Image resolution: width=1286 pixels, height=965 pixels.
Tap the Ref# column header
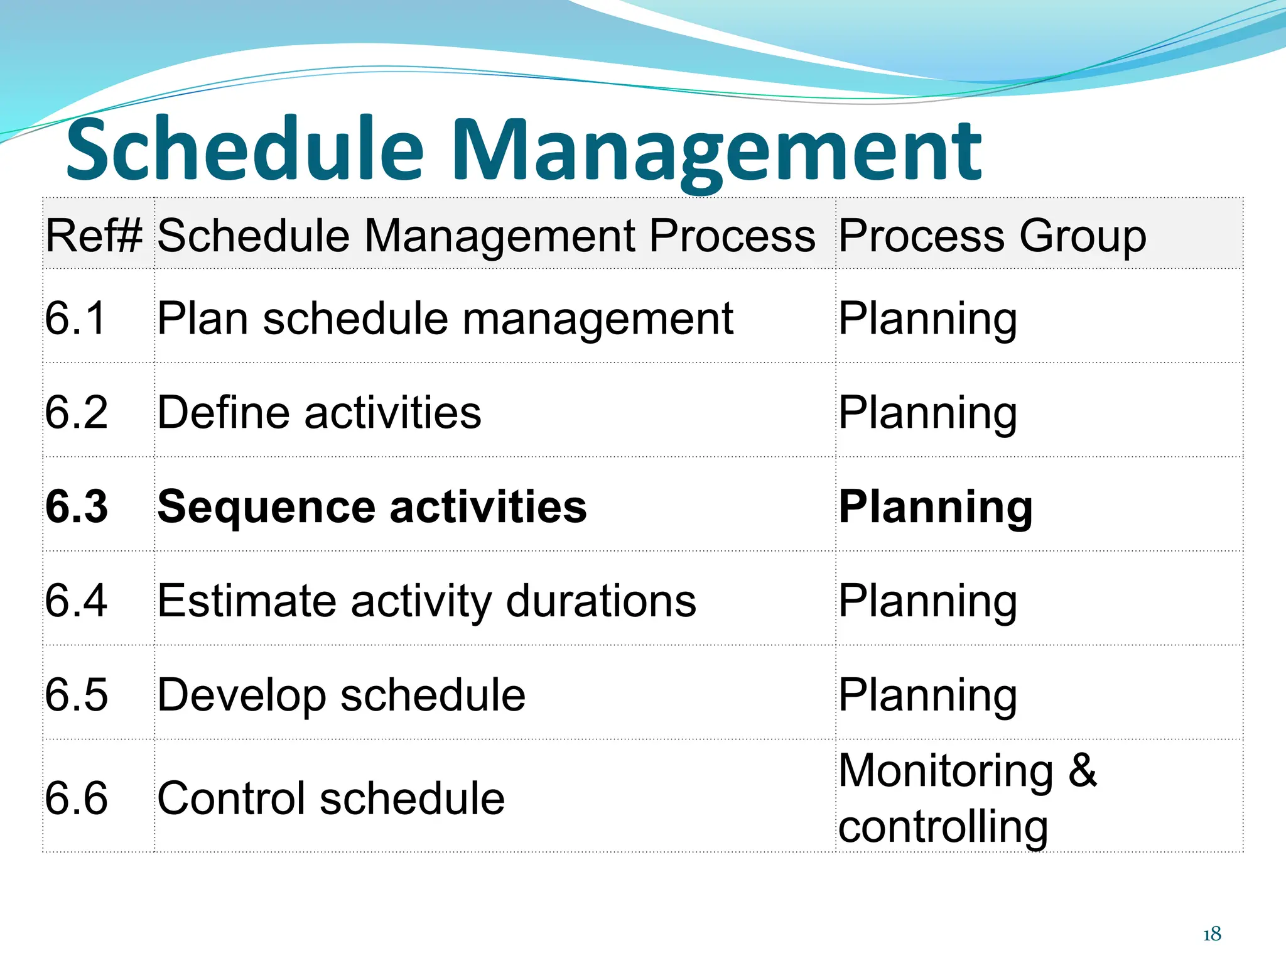pos(95,236)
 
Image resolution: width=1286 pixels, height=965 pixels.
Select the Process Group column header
pos(992,236)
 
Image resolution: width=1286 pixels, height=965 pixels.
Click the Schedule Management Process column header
pos(486,236)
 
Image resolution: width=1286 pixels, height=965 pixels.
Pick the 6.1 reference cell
pos(75,318)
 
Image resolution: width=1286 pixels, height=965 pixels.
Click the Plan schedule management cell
pos(445,318)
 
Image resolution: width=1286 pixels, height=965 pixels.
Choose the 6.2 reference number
pos(76,412)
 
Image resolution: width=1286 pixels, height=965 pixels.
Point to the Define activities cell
pos(319,412)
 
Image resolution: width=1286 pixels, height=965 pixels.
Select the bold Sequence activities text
pos(372,506)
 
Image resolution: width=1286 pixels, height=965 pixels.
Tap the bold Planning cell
pos(936,506)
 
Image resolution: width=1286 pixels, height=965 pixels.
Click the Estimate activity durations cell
pos(426,601)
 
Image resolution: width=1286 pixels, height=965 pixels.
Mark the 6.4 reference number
pos(76,601)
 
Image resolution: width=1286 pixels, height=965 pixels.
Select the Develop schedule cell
pos(341,695)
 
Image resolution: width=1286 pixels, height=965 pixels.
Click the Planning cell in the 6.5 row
pos(927,695)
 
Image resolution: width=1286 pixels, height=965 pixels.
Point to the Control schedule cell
pos(331,798)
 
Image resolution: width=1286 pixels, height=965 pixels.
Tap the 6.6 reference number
pos(76,798)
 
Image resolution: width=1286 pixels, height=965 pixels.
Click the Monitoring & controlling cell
pos(967,798)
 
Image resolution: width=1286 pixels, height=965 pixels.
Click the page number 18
pos(1212,934)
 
